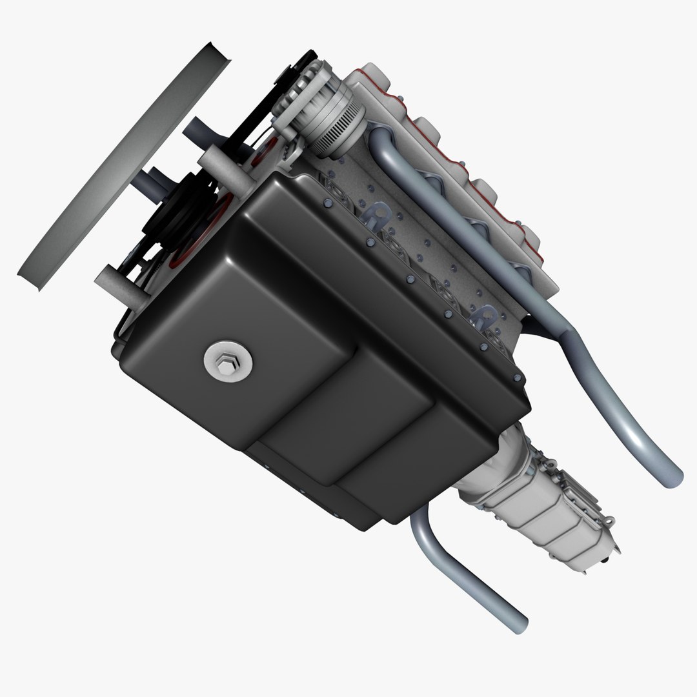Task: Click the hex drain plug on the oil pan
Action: point(228,363)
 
